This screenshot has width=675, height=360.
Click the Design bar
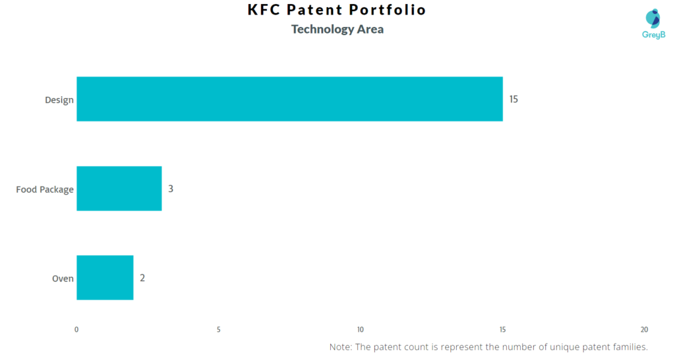290,99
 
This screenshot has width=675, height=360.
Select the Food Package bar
119,189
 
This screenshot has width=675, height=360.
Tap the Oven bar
105,278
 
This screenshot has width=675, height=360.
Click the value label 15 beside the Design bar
514,100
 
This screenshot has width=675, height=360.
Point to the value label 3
171,189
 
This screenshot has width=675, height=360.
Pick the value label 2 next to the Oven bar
142,278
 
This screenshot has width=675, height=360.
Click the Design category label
59,100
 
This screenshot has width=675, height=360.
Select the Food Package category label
45,189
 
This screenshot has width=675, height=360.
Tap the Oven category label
63,279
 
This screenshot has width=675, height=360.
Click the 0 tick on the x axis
76,330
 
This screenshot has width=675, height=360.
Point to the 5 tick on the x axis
219,330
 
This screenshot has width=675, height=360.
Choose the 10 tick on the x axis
361,330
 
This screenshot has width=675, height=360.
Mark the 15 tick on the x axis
502,330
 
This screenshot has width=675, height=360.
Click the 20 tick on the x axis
644,330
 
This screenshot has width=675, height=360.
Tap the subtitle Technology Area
337,29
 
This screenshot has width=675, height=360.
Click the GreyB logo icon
653,19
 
